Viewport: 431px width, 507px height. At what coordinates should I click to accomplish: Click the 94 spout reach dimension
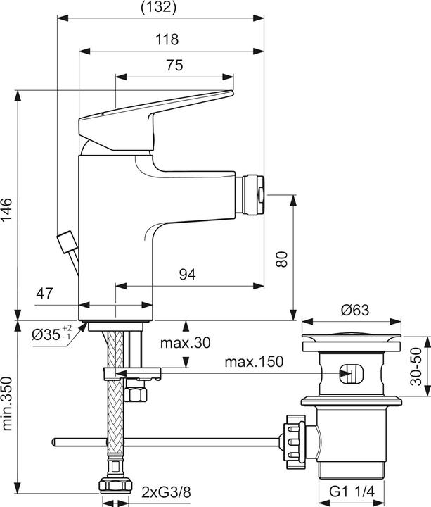[x=187, y=275]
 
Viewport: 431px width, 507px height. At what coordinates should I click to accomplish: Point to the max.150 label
[x=254, y=362]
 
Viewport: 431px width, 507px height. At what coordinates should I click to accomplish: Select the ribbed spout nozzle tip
[x=250, y=192]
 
